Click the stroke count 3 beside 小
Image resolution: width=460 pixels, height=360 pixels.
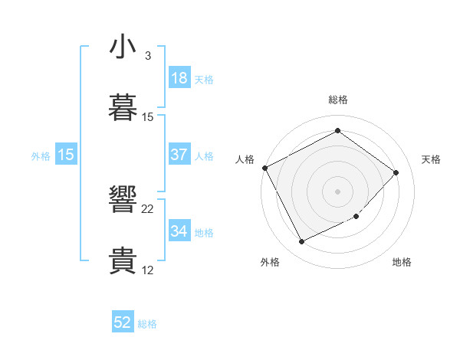(x=147, y=56)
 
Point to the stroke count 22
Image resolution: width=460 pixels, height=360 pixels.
(x=148, y=209)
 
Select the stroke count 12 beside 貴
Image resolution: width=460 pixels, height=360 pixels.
(x=148, y=270)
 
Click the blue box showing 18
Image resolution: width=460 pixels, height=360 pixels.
(x=179, y=77)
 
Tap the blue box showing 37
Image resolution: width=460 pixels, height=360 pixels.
(x=179, y=155)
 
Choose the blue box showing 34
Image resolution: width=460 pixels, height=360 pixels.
(x=179, y=231)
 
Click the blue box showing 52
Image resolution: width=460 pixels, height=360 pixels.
(x=123, y=323)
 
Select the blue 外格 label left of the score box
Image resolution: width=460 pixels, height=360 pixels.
(x=41, y=155)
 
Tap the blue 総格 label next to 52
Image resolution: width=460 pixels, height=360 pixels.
(x=147, y=324)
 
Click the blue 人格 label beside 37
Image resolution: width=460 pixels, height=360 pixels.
(x=204, y=155)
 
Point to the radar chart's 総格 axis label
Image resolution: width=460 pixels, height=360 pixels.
(x=338, y=100)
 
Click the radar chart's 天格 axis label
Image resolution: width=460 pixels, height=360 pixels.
(x=432, y=159)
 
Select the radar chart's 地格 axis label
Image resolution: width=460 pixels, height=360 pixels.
(x=402, y=262)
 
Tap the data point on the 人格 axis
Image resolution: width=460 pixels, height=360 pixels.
(x=264, y=168)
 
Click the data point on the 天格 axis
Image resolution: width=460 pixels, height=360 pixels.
(x=396, y=172)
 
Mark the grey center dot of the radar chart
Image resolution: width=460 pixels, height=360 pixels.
(x=337, y=191)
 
